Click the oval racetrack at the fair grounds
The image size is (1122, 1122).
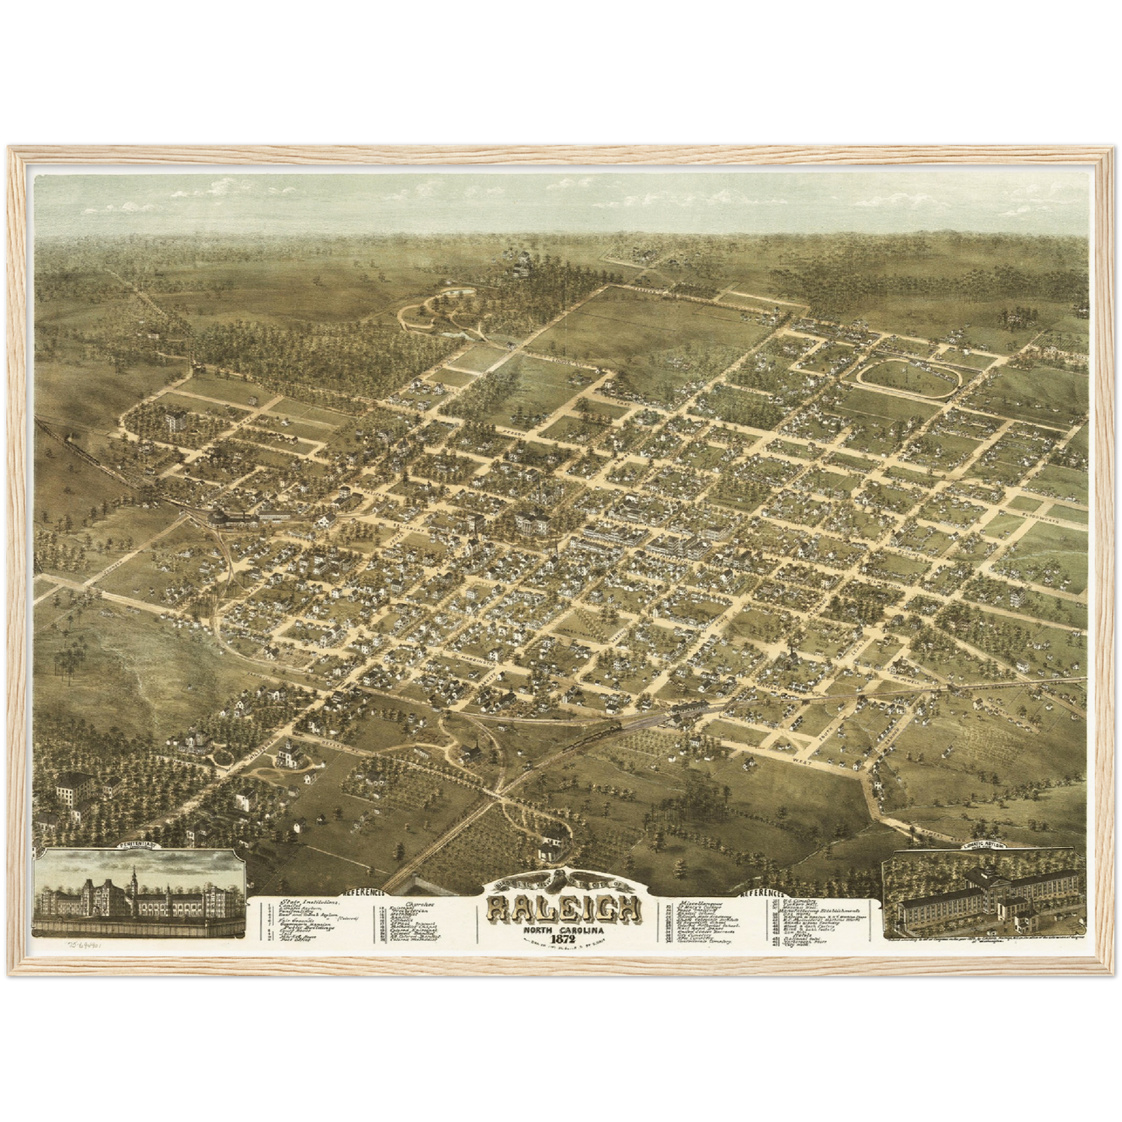pos(907,377)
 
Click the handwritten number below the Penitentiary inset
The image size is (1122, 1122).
pos(86,947)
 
